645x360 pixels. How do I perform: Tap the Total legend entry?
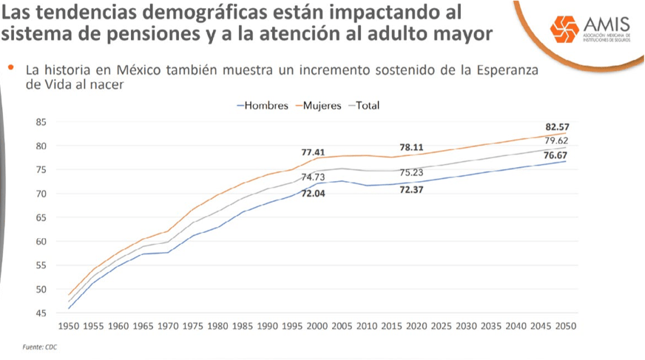point(367,106)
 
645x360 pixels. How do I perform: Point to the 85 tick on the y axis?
point(42,122)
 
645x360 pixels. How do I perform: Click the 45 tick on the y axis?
point(42,313)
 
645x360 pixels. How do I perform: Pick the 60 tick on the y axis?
point(42,241)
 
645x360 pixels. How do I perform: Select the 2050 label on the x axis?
point(565,326)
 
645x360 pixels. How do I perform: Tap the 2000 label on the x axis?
point(317,326)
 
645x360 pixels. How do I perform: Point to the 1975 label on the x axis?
point(193,326)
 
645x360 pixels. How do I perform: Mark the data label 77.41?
point(314,152)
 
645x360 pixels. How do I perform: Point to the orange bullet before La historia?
point(11,67)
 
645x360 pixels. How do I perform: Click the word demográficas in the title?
point(188,13)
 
